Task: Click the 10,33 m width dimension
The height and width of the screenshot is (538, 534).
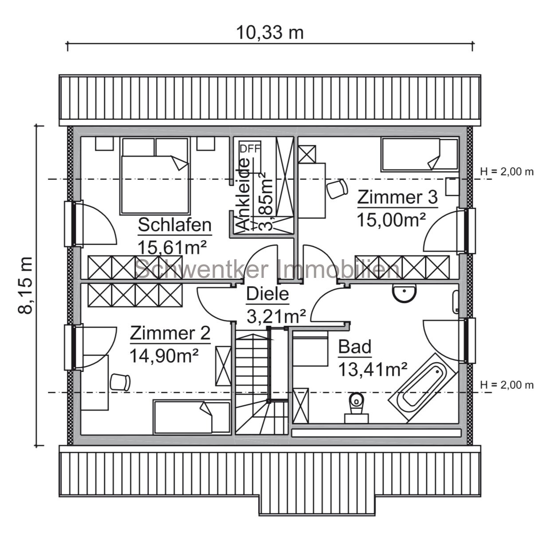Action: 269,32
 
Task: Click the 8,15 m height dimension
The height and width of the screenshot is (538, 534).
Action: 26,285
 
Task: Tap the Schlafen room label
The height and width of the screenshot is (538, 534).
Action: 174,225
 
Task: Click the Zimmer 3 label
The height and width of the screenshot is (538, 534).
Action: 397,198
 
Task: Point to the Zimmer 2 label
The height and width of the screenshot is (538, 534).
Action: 170,333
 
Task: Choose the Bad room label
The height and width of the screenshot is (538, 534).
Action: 354,347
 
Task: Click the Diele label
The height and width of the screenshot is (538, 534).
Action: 267,294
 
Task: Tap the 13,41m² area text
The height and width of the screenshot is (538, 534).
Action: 373,368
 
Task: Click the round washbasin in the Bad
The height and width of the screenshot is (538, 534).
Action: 404,292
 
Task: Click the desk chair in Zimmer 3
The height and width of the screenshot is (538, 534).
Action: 337,189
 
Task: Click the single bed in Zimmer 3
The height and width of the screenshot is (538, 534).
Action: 419,154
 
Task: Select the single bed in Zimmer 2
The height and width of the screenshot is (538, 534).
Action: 192,416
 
